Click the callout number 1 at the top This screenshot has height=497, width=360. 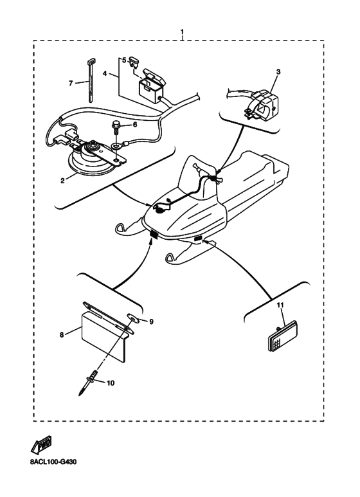(182, 32)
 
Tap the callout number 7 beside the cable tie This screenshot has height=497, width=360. (71, 83)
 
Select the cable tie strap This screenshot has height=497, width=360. (90, 80)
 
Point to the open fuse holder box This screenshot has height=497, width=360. (152, 86)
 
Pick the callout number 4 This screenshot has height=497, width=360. (105, 73)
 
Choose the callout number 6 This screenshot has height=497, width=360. (135, 125)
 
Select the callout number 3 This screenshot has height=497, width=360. (278, 72)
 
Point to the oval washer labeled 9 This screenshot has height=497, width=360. (134, 317)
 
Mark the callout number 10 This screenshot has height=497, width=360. (111, 383)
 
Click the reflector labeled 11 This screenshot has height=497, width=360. (283, 336)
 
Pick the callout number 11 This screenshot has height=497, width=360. (280, 305)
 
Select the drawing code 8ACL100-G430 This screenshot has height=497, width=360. (53, 462)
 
